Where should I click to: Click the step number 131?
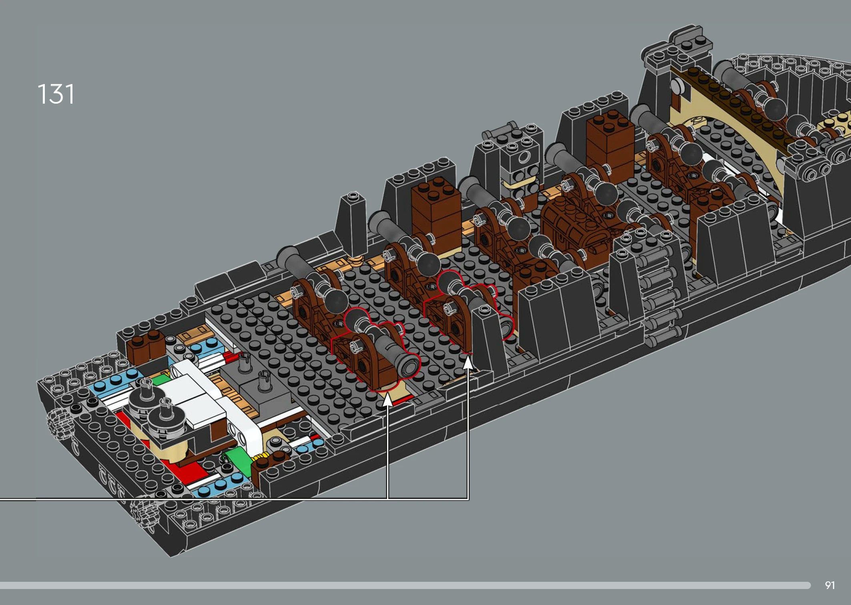click(56, 94)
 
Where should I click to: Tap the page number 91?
click(830, 585)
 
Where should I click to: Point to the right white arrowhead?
click(468, 363)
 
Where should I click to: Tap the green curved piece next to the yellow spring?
click(239, 460)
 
